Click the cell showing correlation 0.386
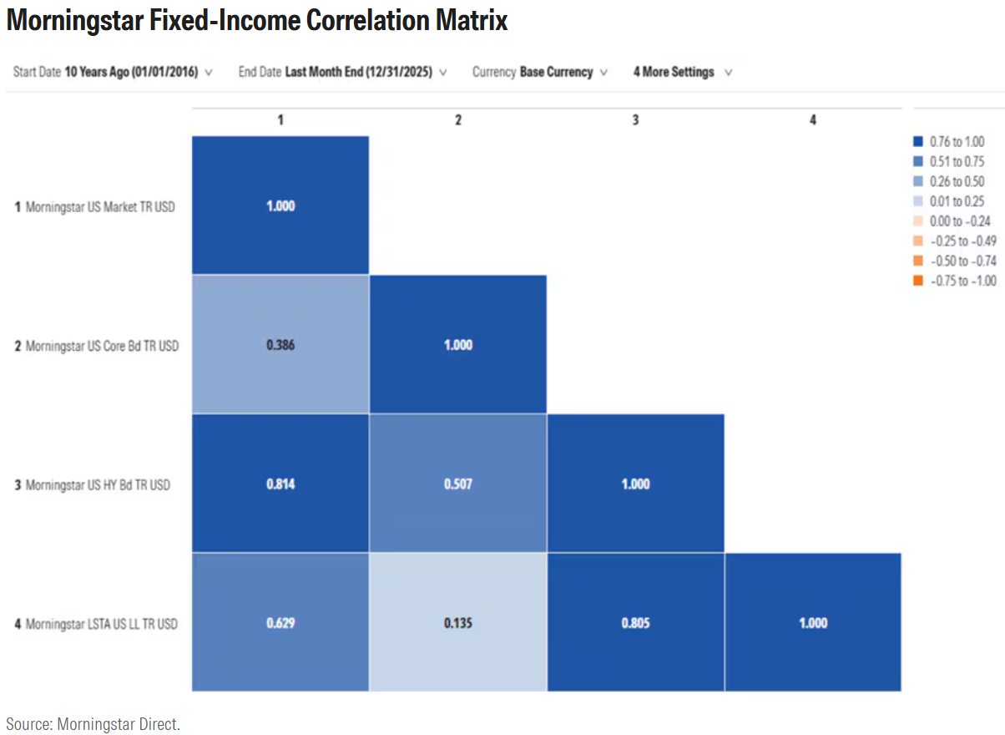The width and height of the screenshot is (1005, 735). pyautogui.click(x=280, y=344)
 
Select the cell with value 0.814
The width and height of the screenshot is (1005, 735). pyautogui.click(x=280, y=484)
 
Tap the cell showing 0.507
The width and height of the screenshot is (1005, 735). pyautogui.click(x=457, y=484)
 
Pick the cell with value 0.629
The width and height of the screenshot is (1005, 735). pyautogui.click(x=280, y=622)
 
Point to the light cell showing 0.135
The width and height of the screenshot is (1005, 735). pyautogui.click(x=457, y=622)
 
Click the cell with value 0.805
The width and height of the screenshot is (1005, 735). pyautogui.click(x=635, y=622)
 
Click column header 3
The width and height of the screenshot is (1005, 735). pyautogui.click(x=635, y=120)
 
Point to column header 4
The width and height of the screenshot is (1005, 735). pyautogui.click(x=813, y=120)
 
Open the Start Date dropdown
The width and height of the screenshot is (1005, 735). pyautogui.click(x=113, y=72)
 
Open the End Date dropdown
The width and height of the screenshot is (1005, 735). pyautogui.click(x=342, y=72)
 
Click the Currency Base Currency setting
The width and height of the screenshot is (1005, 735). pyautogui.click(x=539, y=72)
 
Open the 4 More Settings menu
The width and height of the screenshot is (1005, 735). pyautogui.click(x=682, y=72)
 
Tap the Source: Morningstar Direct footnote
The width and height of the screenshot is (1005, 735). pyautogui.click(x=93, y=723)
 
